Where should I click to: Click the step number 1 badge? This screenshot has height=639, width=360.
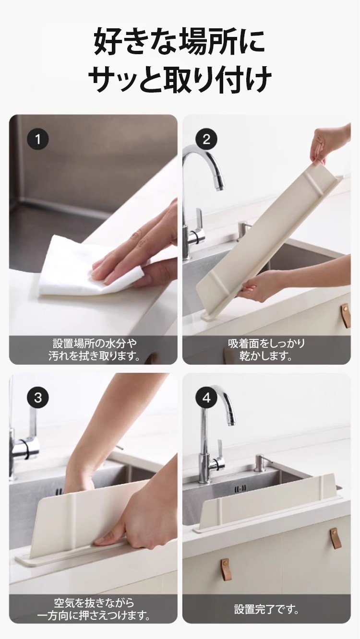38,140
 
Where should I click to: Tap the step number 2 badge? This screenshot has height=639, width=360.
206,139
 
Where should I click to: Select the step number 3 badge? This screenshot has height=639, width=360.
38,398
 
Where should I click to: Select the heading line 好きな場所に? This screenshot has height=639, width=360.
180,42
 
